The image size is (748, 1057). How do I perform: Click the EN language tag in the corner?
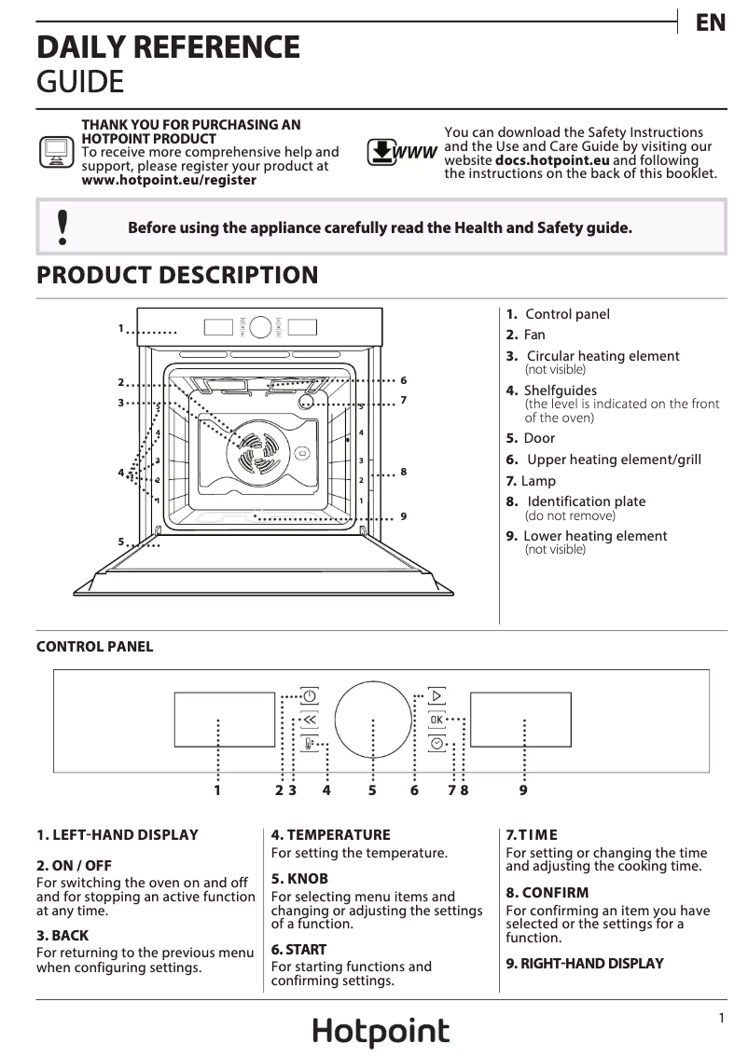711,23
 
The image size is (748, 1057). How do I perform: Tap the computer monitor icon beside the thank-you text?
57,152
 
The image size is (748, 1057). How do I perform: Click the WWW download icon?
402,152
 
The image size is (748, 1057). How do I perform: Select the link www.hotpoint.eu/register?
169,180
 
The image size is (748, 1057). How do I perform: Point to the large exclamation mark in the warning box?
62,227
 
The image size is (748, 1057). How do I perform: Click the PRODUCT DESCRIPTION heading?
177,276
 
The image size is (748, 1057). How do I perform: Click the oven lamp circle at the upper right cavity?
307,400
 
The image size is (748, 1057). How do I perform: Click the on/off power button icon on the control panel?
309,695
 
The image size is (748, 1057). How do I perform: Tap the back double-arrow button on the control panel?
309,720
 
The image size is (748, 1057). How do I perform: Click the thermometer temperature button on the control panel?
309,744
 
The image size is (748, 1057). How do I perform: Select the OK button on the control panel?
436,720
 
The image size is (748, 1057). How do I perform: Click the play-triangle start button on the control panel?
436,695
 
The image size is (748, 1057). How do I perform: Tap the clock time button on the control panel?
436,744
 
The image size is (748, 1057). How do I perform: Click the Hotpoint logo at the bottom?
381,1032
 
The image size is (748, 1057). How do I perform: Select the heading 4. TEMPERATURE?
330,835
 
